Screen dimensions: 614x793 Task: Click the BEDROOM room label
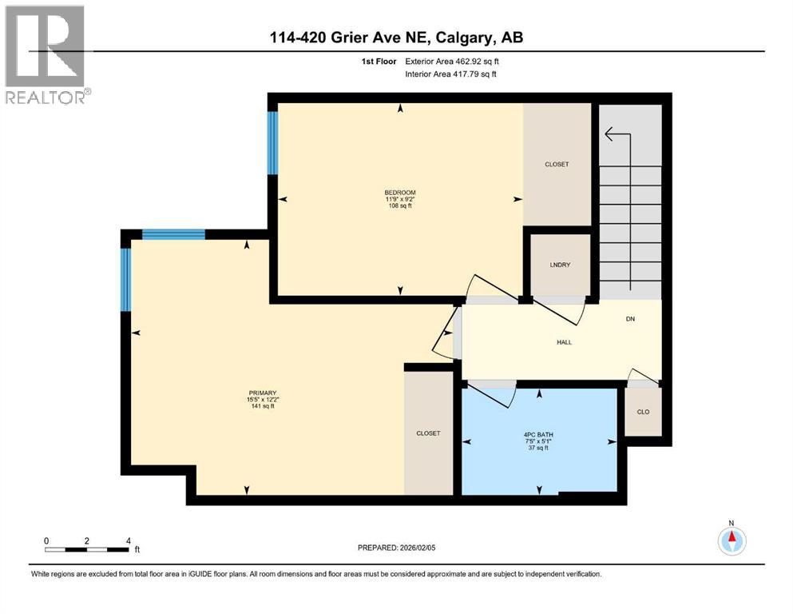tap(399, 192)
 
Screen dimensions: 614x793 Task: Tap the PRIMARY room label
tap(262, 393)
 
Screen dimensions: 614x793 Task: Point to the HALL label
tap(564, 342)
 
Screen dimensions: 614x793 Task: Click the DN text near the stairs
tap(630, 318)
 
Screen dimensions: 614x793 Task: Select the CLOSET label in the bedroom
tap(557, 164)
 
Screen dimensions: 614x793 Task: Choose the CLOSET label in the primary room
tap(428, 433)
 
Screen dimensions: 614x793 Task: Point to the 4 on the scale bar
tap(129, 540)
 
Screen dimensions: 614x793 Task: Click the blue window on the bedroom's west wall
tap(272, 142)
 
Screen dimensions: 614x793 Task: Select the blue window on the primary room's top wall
tap(173, 234)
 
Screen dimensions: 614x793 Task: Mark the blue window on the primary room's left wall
tap(125, 279)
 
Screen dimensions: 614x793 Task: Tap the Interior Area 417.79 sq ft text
tap(451, 74)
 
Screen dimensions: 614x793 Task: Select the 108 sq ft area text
tap(399, 205)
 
